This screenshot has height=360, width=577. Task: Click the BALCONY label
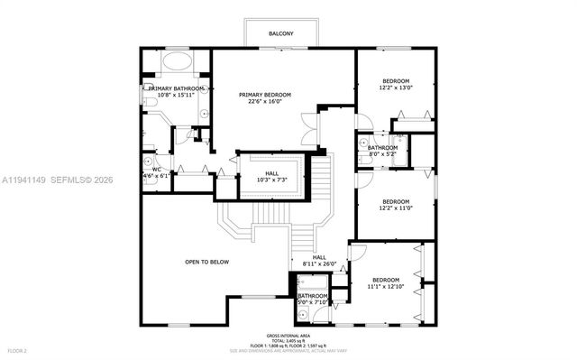click(x=280, y=34)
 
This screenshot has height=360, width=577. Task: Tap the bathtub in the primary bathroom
click(x=177, y=65)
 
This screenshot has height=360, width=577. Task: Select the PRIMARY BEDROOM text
click(x=265, y=95)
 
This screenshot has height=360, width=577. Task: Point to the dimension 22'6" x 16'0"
click(x=265, y=102)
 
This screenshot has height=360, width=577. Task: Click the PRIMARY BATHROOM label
click(x=176, y=88)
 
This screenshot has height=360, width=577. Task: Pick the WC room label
click(x=156, y=169)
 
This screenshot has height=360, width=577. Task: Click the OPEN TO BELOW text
click(x=206, y=262)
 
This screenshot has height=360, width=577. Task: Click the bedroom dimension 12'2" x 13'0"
click(x=395, y=88)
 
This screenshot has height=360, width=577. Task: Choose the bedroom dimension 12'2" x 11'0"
click(x=395, y=208)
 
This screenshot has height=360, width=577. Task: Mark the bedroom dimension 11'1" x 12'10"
click(x=386, y=286)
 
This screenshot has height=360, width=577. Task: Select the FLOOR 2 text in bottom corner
click(x=18, y=349)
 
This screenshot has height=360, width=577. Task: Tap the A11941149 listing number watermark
click(x=27, y=180)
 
